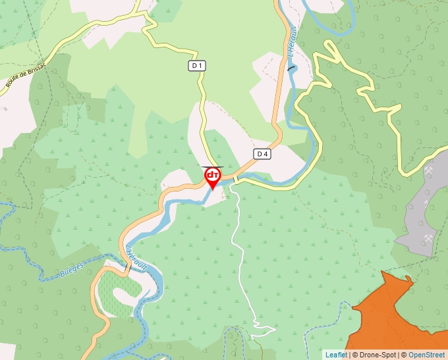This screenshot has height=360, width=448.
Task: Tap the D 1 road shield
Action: point(197,66)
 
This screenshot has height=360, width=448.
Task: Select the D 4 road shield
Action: point(262,154)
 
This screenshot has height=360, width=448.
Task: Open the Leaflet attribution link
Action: point(336,355)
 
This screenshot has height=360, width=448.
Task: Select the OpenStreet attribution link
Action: point(426,355)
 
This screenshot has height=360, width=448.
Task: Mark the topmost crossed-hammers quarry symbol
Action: point(429,171)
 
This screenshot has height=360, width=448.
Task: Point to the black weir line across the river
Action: point(291,67)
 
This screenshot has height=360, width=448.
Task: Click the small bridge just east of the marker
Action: point(235,180)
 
